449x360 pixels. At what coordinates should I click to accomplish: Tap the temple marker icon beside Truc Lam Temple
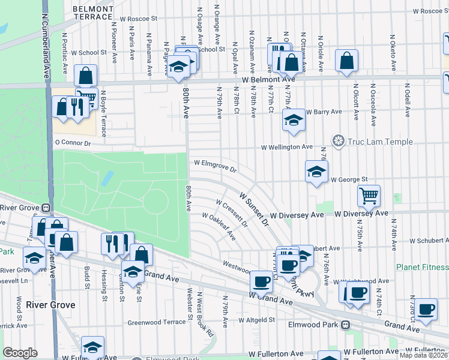click(339, 142)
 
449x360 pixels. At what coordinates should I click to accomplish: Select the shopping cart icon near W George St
click(369, 195)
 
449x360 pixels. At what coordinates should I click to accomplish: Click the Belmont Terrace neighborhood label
click(92, 13)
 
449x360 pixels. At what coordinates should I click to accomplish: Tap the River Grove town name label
click(50, 305)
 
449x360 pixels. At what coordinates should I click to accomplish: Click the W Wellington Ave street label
click(287, 147)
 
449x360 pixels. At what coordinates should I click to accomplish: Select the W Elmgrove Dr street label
click(215, 165)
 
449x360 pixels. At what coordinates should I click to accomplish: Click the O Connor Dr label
click(72, 143)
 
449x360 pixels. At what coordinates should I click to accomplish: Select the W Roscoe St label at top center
click(137, 19)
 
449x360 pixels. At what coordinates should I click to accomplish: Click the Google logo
click(20, 353)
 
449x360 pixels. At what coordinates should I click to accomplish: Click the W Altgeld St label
click(256, 320)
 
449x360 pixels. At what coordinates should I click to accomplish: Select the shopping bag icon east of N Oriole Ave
click(347, 61)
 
